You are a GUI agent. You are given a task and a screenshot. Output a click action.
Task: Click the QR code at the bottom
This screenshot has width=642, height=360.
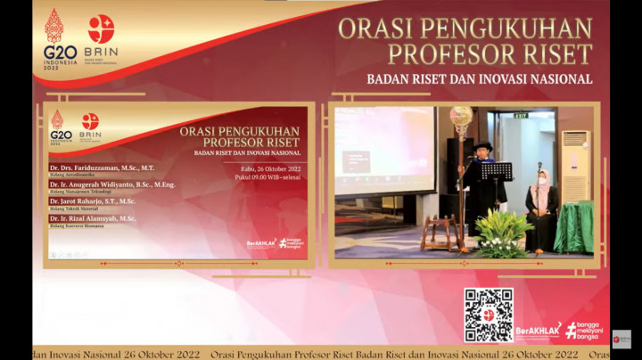[x=489, y=315]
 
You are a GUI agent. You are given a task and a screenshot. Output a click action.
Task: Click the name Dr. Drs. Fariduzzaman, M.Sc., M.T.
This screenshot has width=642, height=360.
[x=102, y=168]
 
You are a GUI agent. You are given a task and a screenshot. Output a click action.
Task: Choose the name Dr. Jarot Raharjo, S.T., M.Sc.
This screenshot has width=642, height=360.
[x=93, y=201]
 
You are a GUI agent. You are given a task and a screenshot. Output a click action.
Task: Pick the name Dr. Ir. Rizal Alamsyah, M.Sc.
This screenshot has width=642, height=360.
[x=93, y=218]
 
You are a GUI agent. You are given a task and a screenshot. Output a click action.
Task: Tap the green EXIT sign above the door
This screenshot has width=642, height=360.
[x=521, y=115]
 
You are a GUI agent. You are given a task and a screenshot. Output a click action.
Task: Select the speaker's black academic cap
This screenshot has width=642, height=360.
[x=482, y=145]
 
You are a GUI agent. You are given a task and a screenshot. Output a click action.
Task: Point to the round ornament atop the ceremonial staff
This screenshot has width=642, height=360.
[x=461, y=116]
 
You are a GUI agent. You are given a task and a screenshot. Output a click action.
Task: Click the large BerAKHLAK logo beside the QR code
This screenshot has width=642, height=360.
[x=539, y=331]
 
